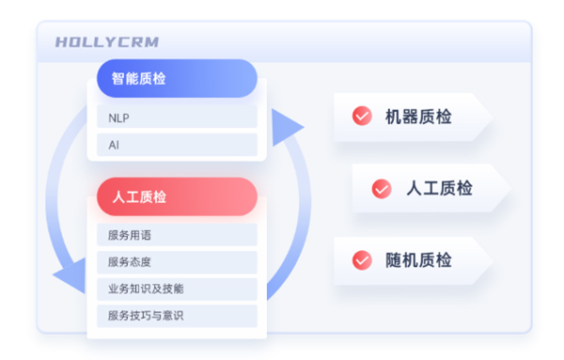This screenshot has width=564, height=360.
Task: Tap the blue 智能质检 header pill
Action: pos(178,79)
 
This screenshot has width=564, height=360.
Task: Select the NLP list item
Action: pos(177,117)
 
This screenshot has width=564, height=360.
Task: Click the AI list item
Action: pos(177,146)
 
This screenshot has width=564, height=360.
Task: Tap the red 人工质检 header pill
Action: pos(177,197)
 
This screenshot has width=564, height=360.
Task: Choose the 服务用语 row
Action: pos(177,235)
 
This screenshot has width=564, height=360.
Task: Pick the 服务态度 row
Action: pos(177,262)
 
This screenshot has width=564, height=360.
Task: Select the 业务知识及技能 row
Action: pos(177,289)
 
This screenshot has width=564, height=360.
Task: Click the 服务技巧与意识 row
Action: pos(177,315)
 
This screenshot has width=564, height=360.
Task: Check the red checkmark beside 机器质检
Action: pos(362,117)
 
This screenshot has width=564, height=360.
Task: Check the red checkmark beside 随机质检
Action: pos(362,260)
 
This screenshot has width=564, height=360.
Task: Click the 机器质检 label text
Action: pos(418,117)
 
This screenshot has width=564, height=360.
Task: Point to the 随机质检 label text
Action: pos(418,260)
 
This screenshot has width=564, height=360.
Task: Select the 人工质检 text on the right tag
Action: pos(439,188)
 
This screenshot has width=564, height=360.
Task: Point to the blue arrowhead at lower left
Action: pos(69,276)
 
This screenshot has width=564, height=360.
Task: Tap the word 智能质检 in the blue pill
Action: pos(139,79)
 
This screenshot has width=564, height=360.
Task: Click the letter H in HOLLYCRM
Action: pos(60,42)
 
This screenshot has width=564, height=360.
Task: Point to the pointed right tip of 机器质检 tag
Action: pos(490,117)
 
